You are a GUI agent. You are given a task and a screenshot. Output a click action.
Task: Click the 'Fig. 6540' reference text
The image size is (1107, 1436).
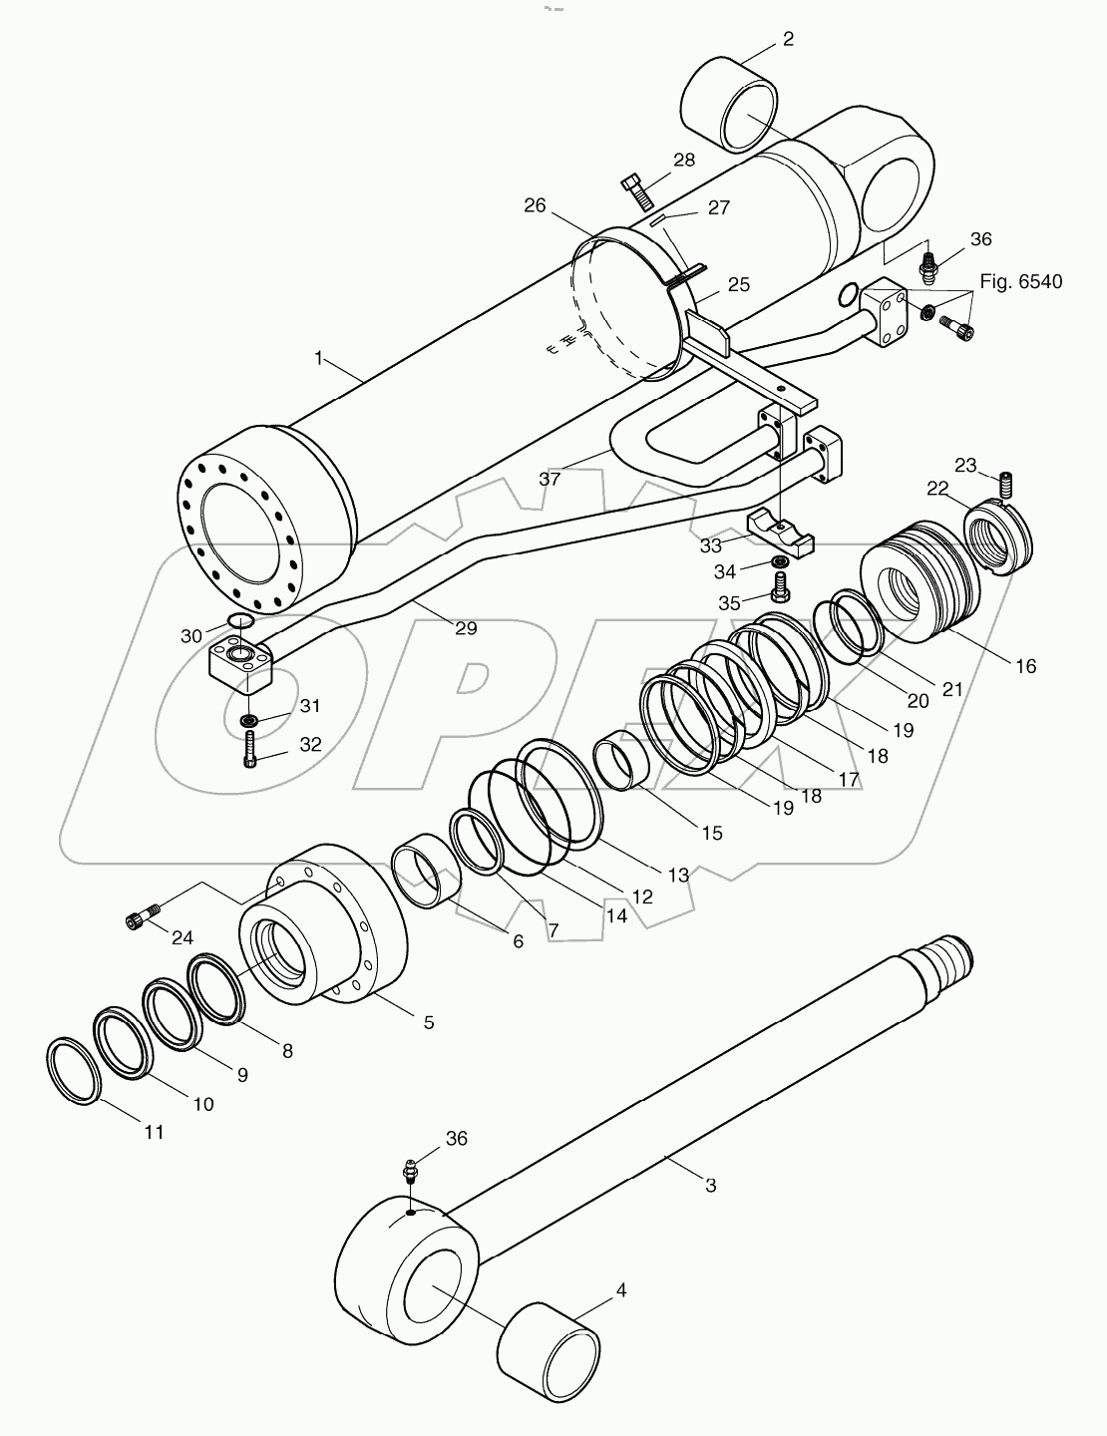point(1020,281)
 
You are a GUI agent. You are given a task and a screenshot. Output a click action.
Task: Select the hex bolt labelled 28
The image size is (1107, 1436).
point(635,189)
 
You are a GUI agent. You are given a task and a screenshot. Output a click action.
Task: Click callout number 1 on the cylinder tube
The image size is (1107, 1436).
point(319,358)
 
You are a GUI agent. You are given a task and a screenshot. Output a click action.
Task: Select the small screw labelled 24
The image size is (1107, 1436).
point(143,919)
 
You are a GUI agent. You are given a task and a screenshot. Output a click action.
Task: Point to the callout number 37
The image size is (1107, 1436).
point(550,479)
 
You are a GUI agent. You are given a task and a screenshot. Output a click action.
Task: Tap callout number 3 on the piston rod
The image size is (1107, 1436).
point(710,1185)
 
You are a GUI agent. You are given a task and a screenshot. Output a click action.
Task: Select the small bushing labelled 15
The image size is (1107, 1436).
point(621,763)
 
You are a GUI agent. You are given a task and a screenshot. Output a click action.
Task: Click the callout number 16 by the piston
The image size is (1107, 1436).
point(1024,665)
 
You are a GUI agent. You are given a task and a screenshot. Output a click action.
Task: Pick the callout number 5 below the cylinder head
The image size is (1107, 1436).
point(429,1022)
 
